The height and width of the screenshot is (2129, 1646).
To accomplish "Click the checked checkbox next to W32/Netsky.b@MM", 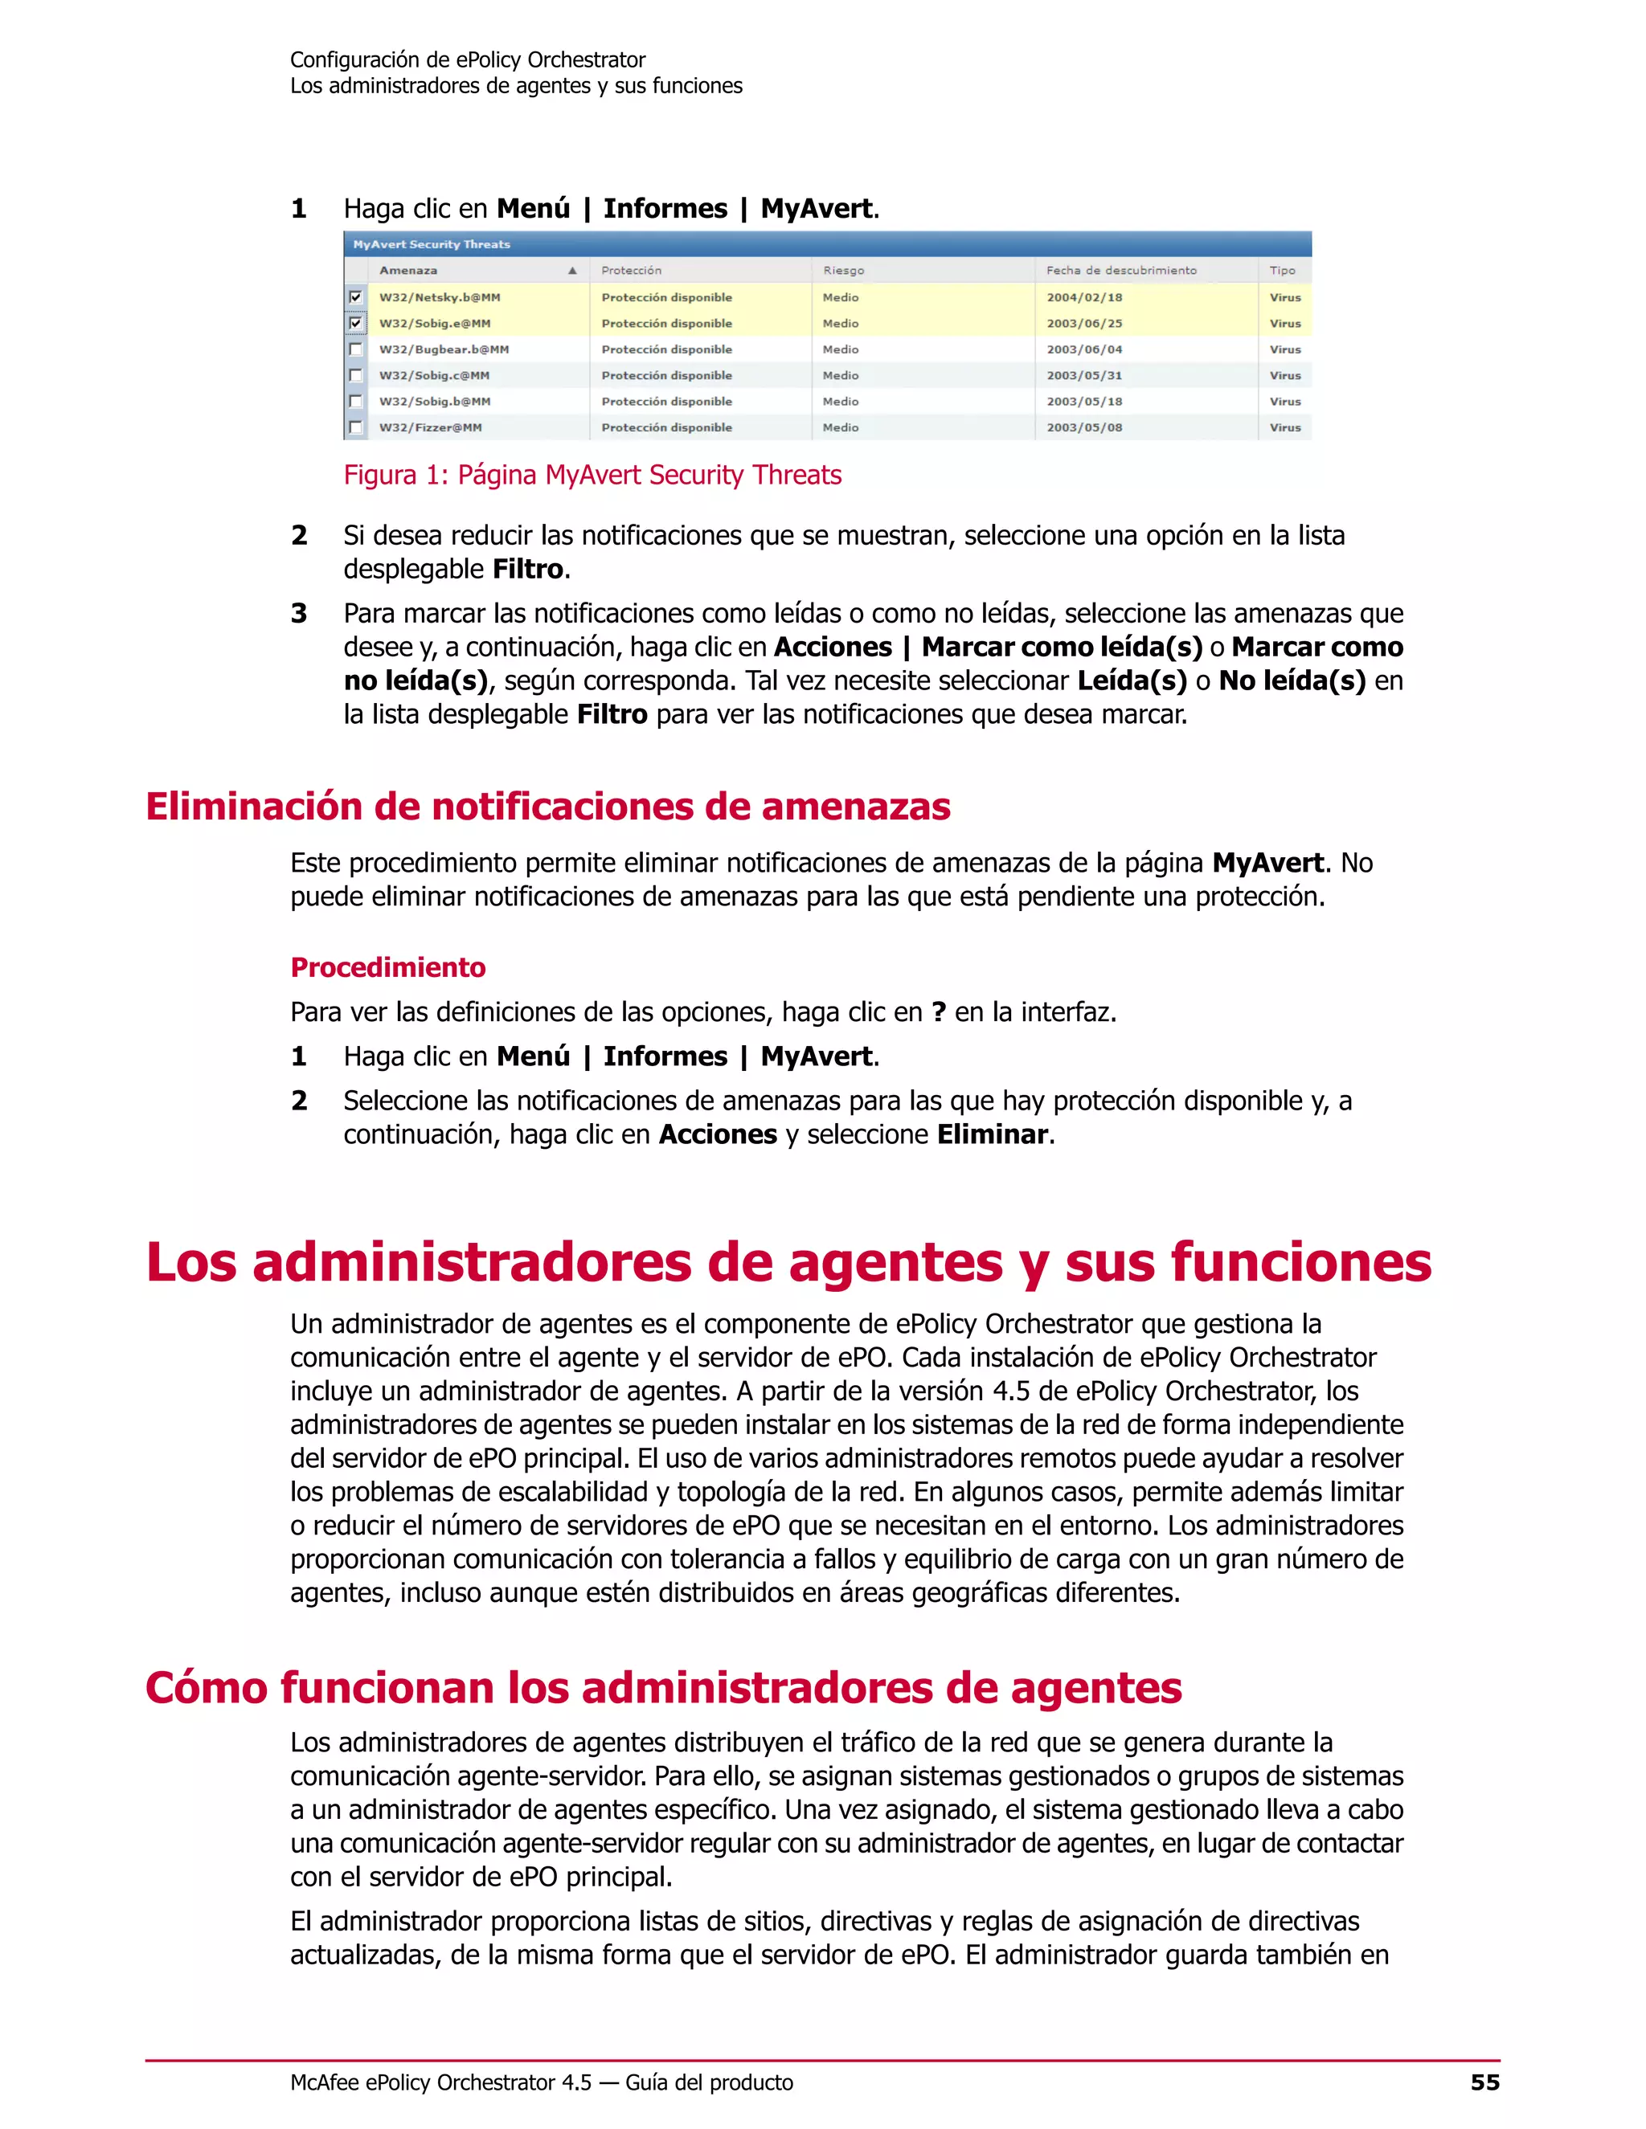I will pos(356,297).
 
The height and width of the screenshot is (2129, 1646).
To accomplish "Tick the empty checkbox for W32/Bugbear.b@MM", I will pos(356,349).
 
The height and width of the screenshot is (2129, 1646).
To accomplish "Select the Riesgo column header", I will pos(842,271).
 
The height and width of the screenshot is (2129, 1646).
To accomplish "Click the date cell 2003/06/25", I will pos(1084,324).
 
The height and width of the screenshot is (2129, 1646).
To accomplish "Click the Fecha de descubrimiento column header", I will pos(1121,271).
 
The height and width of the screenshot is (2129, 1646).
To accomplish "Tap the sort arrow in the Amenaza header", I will pos(572,271).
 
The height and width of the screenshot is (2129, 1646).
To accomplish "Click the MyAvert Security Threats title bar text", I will pos(431,245).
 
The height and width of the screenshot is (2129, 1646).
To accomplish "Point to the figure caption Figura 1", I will pos(592,476).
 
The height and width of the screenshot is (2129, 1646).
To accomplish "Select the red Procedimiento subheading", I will pos(388,968).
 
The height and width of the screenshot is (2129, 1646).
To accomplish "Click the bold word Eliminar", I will pos(992,1134).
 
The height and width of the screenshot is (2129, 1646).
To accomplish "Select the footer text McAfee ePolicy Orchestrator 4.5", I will pos(440,2083).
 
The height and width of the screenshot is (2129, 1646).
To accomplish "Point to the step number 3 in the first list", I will pos(299,614).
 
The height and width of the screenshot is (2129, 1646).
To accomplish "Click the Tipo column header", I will pos(1282,271).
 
